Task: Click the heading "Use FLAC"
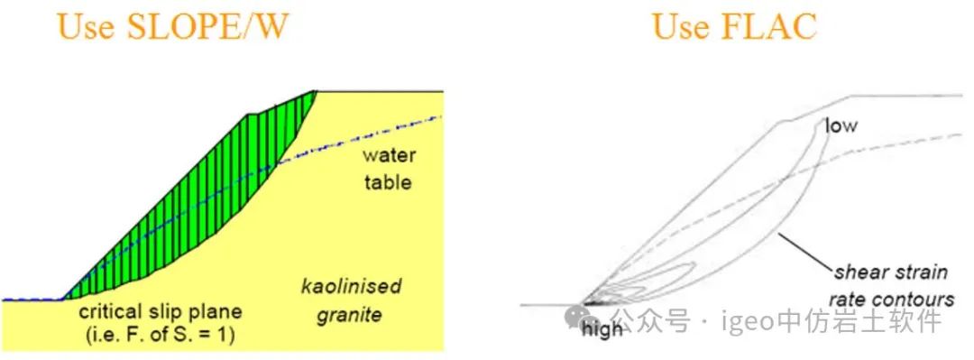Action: [735, 25]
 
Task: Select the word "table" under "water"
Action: [388, 182]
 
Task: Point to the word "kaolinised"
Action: [351, 287]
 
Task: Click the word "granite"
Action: [350, 315]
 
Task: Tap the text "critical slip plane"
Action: [161, 312]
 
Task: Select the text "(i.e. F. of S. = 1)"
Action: [161, 336]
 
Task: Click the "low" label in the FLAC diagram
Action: [841, 125]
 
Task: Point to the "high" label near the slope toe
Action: [602, 328]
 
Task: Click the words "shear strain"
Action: [891, 272]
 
